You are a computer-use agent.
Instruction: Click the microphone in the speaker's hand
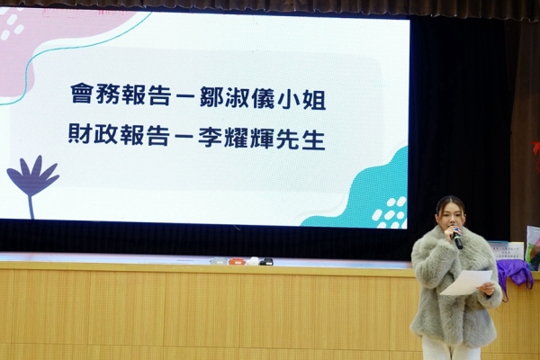(x=456, y=238)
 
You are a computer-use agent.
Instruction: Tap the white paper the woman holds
(x=466, y=282)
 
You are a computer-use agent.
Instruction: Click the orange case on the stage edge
(x=236, y=262)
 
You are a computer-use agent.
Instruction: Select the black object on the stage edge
(x=265, y=262)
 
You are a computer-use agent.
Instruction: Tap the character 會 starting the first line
(x=81, y=94)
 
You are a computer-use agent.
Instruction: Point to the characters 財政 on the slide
(x=93, y=134)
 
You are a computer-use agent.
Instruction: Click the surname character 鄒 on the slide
(x=211, y=96)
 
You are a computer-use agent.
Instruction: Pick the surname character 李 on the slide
(x=210, y=136)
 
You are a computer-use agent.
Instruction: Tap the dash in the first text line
(x=184, y=96)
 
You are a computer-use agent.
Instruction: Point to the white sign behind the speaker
(x=506, y=251)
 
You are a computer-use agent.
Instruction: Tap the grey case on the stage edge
(x=218, y=261)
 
